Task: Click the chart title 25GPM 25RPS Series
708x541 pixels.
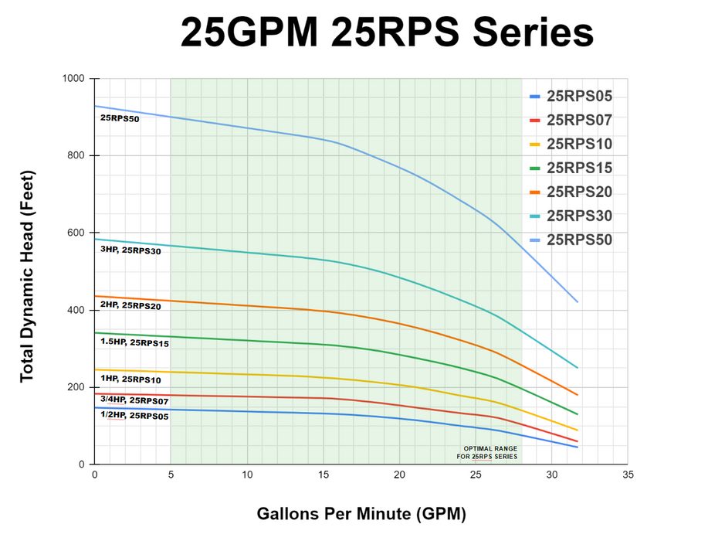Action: [387, 34]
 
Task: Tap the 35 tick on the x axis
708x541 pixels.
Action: [628, 475]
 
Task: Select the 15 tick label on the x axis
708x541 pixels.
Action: [323, 475]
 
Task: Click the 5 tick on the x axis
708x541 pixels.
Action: [171, 475]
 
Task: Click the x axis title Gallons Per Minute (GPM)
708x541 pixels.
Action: [361, 513]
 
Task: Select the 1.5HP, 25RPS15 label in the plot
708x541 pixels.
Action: [134, 342]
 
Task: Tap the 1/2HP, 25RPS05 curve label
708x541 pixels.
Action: [134, 416]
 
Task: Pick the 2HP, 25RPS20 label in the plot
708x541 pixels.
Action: [130, 306]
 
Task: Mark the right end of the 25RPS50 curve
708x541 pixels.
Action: [578, 302]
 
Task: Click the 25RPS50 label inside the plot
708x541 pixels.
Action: [120, 119]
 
